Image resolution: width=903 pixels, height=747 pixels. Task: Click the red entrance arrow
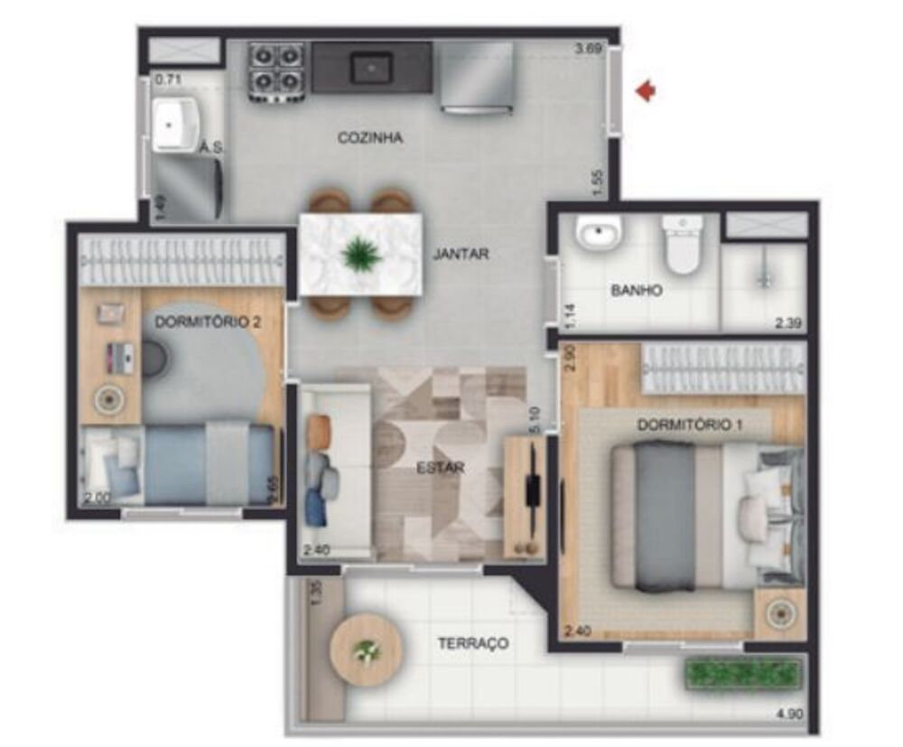[x=645, y=90]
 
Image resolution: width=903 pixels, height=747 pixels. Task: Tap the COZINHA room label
[x=369, y=138]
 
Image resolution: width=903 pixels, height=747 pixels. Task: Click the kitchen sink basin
[x=371, y=67]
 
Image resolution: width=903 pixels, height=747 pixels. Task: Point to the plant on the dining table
[x=361, y=254]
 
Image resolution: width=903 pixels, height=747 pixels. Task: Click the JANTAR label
[x=461, y=255]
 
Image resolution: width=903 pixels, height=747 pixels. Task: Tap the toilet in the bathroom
[x=681, y=245]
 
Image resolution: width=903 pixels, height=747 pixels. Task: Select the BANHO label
[x=637, y=291]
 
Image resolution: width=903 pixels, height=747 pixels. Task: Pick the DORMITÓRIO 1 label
[x=690, y=425]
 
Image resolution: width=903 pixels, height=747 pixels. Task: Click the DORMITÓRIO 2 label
[x=208, y=322]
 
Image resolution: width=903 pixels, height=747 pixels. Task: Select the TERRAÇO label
[x=472, y=644]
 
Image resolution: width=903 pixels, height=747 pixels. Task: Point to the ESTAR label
[x=441, y=468]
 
